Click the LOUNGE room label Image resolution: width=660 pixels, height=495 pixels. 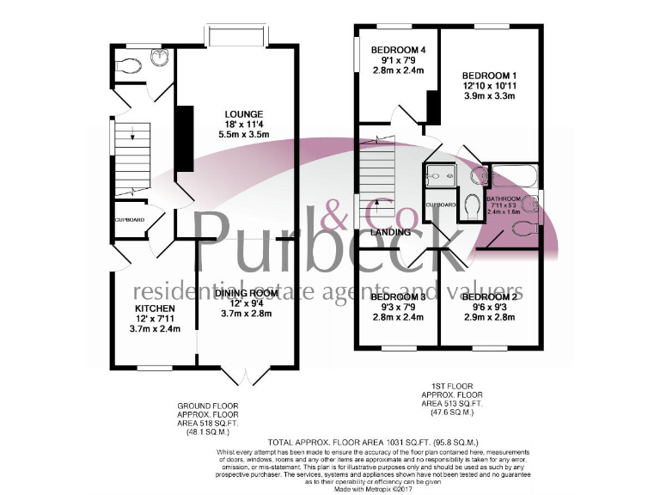243,113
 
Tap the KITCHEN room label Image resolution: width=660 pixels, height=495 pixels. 155,308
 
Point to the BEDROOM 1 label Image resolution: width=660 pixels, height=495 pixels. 488,74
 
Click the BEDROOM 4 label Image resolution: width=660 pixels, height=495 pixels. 398,50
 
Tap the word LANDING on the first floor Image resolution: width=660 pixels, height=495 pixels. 389,232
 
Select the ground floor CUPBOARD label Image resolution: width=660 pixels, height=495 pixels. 131,220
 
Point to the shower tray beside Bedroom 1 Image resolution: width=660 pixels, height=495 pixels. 439,178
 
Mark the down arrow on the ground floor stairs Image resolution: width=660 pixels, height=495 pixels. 131,134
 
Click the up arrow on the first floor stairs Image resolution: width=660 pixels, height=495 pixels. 376,203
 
